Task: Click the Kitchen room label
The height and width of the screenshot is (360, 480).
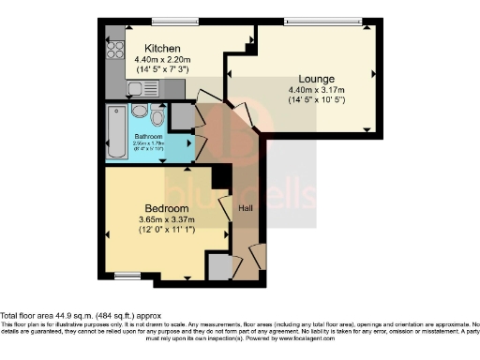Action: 161,48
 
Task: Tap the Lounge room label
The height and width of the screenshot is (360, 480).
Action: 317,78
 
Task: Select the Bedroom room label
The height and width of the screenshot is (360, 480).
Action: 166,207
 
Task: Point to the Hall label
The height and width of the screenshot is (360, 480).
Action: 247,208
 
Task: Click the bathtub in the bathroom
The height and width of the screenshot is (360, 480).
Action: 116,132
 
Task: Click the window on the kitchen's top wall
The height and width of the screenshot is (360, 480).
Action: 168,21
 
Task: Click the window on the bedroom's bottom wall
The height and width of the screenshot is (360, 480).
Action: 126,275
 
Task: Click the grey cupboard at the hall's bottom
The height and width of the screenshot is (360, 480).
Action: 218,266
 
